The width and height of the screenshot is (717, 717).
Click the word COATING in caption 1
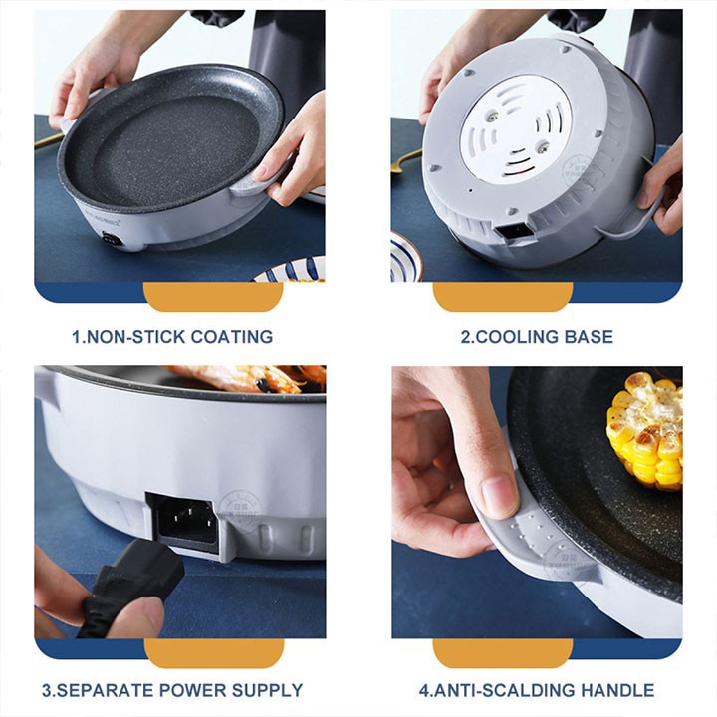point(231,337)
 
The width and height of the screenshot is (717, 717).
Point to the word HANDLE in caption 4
point(618,690)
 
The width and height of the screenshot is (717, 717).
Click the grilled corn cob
point(645,429)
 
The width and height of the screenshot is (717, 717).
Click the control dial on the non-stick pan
point(109,239)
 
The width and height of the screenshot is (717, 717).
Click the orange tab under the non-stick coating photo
point(213,297)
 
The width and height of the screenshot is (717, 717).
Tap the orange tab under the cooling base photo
point(503,297)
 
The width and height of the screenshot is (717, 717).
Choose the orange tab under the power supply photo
point(214,653)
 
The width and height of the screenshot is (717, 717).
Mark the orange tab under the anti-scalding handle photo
point(503,653)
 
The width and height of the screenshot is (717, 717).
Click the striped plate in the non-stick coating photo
point(290,271)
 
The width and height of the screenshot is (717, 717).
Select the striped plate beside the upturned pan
point(404,257)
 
